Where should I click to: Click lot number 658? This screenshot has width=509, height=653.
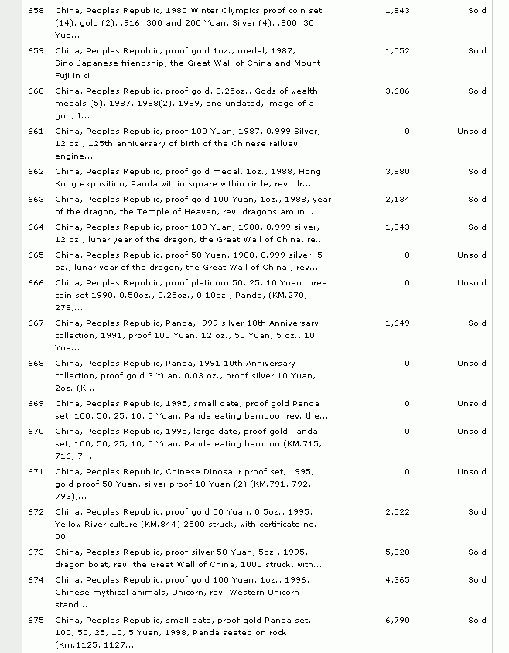[36, 11]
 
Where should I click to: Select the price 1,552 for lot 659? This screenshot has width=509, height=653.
[397, 51]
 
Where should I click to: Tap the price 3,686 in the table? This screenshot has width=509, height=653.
[397, 91]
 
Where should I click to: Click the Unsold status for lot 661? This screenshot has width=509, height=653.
[471, 132]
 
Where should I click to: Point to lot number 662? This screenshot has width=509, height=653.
[36, 172]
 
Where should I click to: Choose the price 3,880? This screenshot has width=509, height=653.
[397, 172]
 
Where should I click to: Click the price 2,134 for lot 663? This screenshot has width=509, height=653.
[397, 200]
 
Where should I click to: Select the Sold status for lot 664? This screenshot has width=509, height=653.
[477, 227]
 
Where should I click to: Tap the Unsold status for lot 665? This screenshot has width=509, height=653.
[471, 255]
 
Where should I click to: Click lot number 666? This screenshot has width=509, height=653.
[36, 283]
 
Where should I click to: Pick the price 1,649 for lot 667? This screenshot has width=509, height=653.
[397, 323]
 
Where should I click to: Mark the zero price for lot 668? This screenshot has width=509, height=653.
[407, 364]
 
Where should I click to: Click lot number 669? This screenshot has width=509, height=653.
[36, 404]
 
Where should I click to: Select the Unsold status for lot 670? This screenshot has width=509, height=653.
[471, 432]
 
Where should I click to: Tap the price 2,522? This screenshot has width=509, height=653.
[397, 512]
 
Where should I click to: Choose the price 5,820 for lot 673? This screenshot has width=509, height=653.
[397, 552]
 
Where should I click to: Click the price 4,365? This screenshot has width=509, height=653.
[397, 580]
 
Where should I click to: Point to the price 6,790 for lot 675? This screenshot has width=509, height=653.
[397, 621]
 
